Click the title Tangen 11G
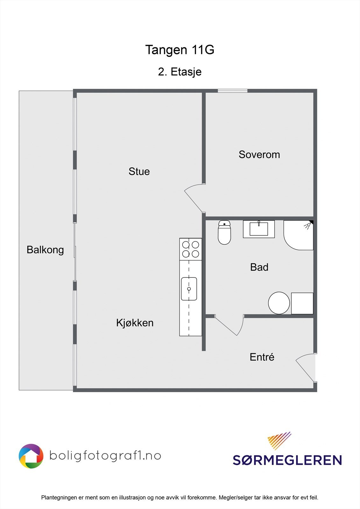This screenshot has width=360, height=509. click(180, 50)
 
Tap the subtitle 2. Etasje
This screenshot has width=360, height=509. click(180, 72)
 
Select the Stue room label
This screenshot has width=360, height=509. click(139, 171)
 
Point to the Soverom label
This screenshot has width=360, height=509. click(259, 155)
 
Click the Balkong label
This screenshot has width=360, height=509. click(45, 250)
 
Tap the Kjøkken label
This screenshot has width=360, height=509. click(135, 323)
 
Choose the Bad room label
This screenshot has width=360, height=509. click(259, 267)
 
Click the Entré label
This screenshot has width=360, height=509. click(262, 357)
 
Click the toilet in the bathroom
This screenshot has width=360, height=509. click(224, 233)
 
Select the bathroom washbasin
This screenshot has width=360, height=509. click(259, 229)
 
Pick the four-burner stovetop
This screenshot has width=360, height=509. click(190, 249)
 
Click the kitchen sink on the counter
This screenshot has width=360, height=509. click(189, 289)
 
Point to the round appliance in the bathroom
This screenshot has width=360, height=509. click(279, 303)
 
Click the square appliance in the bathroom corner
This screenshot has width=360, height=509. click(302, 303)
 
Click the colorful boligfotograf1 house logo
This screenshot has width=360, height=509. click(31, 456)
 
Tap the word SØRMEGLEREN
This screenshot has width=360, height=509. click(287, 460)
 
